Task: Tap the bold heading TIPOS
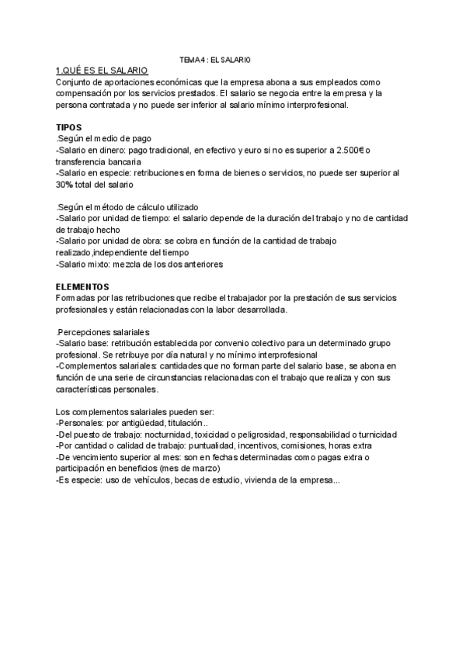[69, 126]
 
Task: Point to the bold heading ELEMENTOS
[83, 286]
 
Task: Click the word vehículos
[146, 480]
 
